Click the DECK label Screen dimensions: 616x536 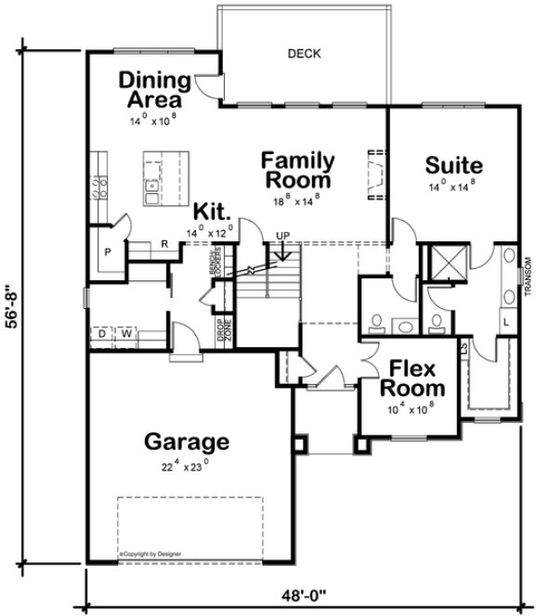[x=304, y=54]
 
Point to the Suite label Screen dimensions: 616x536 [x=453, y=167]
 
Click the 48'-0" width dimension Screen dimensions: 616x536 [x=307, y=598]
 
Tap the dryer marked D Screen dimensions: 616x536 [x=99, y=332]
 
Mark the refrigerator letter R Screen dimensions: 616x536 [x=163, y=245]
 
